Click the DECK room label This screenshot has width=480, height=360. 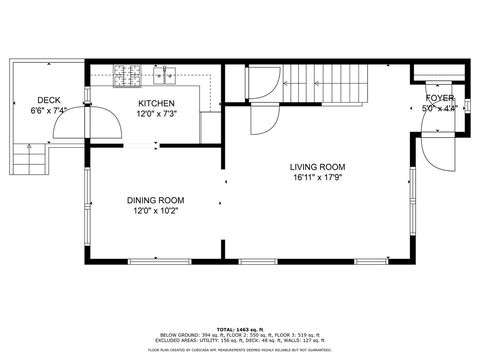click(x=49, y=99)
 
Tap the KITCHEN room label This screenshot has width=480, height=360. click(x=156, y=103)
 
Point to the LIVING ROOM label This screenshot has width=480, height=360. click(x=318, y=167)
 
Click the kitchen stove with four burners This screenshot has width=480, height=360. click(x=128, y=73)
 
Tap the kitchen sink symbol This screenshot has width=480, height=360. click(x=165, y=73)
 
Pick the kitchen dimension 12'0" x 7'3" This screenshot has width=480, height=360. click(x=156, y=113)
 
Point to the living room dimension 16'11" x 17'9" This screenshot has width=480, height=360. click(x=318, y=178)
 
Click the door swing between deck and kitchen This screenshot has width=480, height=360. click(x=72, y=126)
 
